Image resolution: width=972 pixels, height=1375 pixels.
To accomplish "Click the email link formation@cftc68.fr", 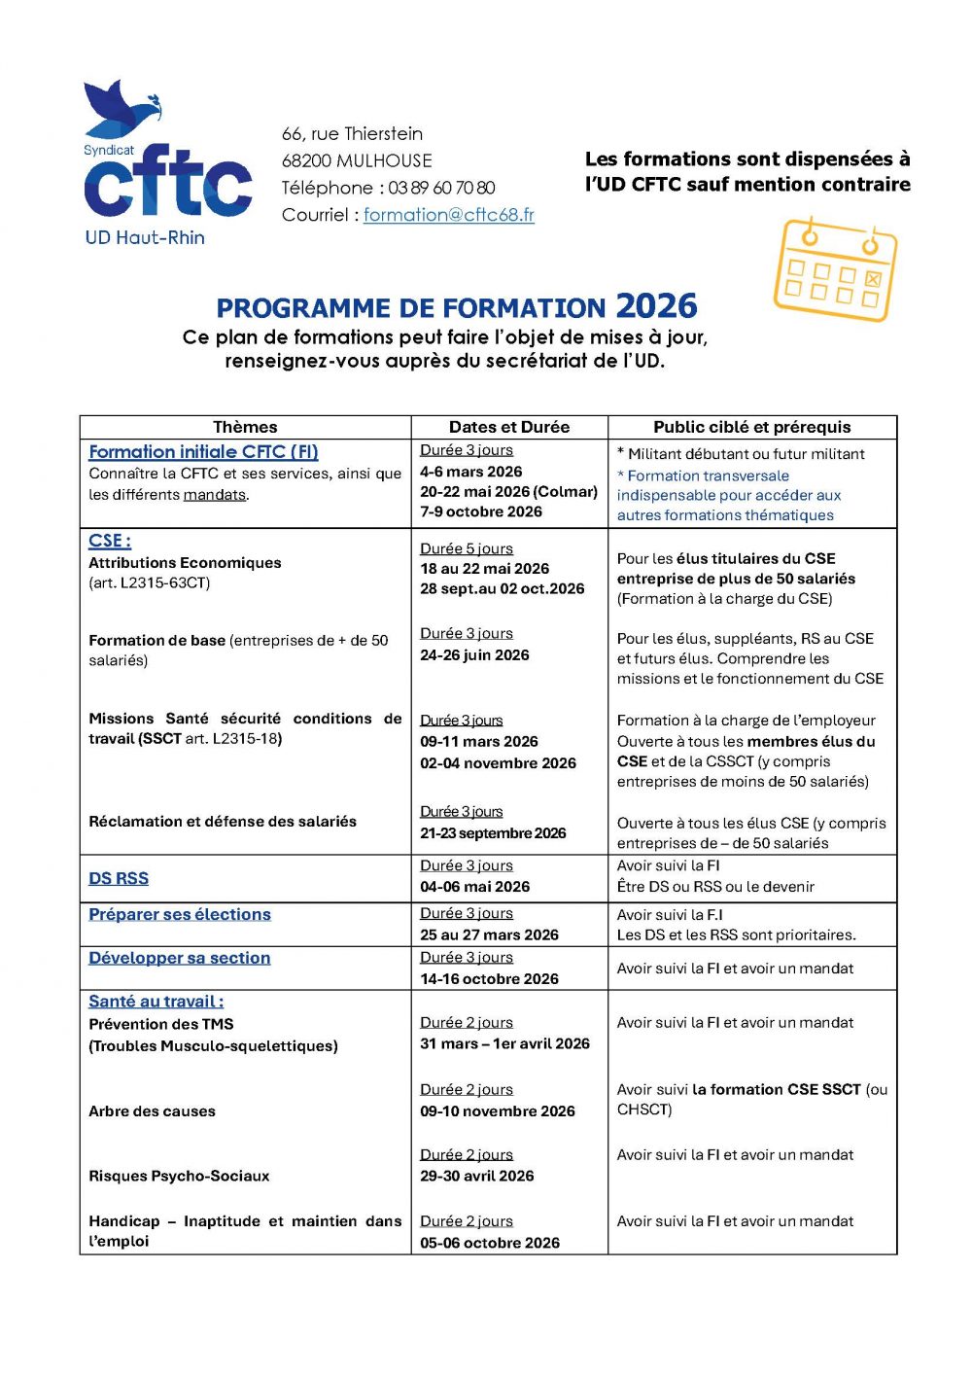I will click(x=449, y=215).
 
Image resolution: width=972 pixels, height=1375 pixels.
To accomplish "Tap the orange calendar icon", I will click(x=835, y=269).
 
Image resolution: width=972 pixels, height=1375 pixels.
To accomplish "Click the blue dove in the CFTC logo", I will click(x=121, y=107).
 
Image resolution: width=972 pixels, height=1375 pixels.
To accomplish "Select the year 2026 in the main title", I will click(x=656, y=306).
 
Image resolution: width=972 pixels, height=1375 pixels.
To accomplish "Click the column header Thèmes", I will click(x=245, y=427).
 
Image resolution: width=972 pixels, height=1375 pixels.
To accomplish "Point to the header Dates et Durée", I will click(x=509, y=427).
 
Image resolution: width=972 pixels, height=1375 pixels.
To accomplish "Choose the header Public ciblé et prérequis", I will click(x=751, y=427).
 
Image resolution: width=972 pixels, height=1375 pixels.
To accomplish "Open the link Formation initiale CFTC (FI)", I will click(x=203, y=451).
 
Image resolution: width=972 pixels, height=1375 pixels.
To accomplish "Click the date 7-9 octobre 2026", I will click(x=481, y=511).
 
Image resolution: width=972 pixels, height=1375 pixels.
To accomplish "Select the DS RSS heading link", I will click(x=119, y=878).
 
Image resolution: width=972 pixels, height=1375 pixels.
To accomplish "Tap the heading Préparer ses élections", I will click(x=180, y=914).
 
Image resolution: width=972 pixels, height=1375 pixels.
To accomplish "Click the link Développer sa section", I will click(x=180, y=958).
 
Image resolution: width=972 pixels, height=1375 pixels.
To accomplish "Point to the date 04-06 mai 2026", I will click(x=474, y=887).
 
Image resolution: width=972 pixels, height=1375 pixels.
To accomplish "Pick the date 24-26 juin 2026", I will click(x=474, y=655).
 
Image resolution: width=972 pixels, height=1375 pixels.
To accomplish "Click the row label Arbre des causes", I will click(x=152, y=1111).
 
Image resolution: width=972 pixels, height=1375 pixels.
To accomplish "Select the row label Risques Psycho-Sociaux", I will click(x=179, y=1176).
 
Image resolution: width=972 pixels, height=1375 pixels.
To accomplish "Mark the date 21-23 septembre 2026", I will click(x=493, y=833).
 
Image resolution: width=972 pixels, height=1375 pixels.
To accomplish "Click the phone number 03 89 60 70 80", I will click(x=441, y=188).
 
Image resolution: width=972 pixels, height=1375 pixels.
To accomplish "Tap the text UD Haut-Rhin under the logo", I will click(x=145, y=237).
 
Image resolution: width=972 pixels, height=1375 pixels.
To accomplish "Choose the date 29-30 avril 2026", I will click(x=477, y=1176).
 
